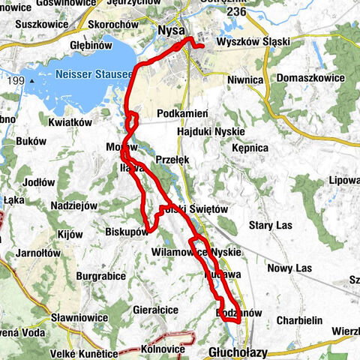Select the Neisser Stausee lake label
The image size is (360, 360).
tap(94, 75)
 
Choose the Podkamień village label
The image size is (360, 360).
tap(182, 113)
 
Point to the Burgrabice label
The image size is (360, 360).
tap(100, 276)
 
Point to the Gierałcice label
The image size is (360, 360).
tap(155, 308)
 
